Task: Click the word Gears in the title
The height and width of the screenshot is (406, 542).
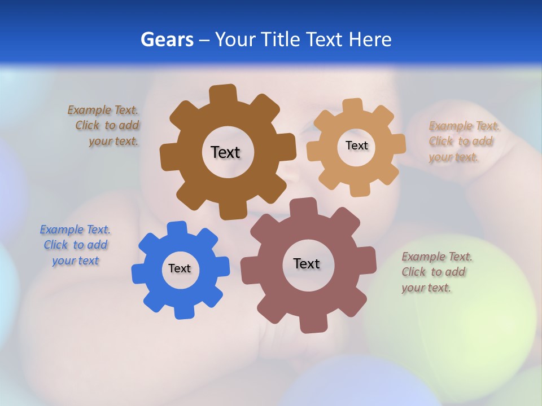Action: [167, 39]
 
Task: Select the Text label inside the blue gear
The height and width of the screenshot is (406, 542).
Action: [180, 269]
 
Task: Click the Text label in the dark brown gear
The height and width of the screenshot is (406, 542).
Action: [225, 152]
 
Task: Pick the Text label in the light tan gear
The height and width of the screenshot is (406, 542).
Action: [356, 145]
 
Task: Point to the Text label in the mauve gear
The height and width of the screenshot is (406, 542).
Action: [307, 263]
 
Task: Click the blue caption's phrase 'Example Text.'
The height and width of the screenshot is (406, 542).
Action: [75, 230]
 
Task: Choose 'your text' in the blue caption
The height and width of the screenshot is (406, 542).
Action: [75, 261]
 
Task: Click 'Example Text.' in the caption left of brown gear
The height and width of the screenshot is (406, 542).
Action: [103, 110]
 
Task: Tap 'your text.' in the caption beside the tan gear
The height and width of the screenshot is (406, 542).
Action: [453, 157]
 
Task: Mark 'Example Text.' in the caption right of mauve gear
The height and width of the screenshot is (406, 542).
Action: [437, 257]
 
